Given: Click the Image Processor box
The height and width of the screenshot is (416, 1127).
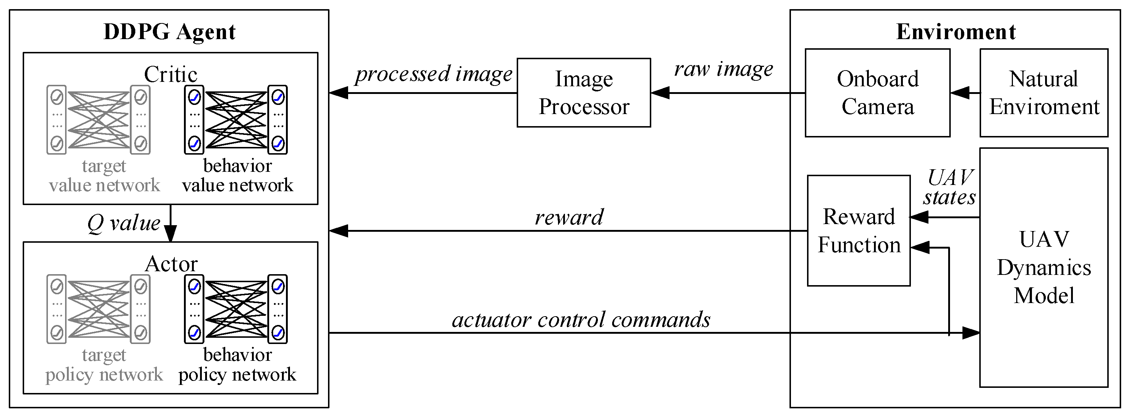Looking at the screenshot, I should [x=584, y=93].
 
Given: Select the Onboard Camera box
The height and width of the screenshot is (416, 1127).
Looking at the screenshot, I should [x=877, y=93].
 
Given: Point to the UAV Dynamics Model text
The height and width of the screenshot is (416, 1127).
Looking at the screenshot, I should [x=1044, y=267].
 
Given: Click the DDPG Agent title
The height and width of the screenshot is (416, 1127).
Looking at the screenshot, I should [x=169, y=31].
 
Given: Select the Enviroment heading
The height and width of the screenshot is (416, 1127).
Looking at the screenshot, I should [x=955, y=31].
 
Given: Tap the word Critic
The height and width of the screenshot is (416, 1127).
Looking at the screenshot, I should [x=171, y=74].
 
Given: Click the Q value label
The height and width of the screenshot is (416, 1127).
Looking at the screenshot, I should [x=124, y=223].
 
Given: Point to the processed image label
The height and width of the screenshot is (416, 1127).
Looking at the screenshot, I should [x=433, y=73].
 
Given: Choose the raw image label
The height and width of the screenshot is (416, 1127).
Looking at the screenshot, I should [x=723, y=69].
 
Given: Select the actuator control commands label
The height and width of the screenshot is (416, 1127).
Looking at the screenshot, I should [x=581, y=320].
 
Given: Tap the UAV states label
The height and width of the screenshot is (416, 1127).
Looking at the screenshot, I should [x=949, y=187].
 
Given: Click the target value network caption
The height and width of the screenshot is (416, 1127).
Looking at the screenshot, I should [x=104, y=175].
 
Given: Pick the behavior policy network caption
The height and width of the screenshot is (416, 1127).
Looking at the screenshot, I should [x=237, y=365].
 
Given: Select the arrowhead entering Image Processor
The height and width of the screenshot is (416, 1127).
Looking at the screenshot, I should [x=660, y=93].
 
